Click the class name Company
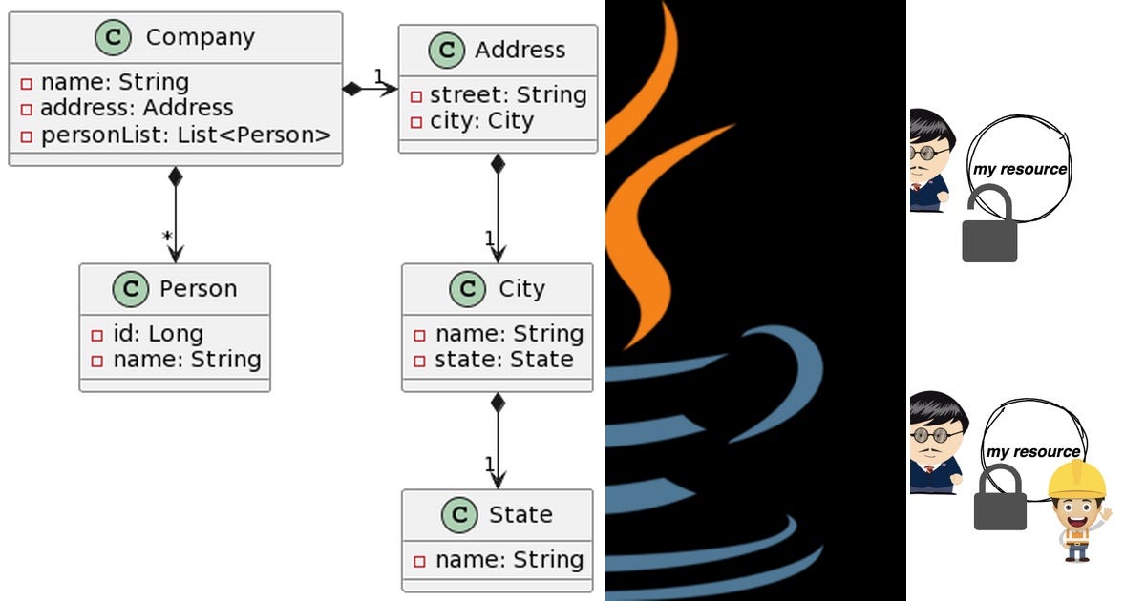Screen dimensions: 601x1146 click(200, 38)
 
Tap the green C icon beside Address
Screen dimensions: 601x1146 click(446, 50)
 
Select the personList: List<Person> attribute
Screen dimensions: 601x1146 click(185, 135)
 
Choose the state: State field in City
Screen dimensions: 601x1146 click(504, 360)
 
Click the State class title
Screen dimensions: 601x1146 click(520, 514)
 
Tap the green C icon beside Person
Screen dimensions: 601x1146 click(130, 288)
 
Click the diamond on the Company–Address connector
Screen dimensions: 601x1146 click(353, 89)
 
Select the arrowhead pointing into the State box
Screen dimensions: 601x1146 click(497, 479)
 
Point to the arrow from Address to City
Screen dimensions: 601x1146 click(497, 210)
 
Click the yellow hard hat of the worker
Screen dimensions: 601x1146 click(1076, 481)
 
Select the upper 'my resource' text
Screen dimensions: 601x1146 click(1019, 169)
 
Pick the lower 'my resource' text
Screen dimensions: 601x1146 click(1032, 451)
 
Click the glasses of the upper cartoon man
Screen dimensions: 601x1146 click(928, 153)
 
